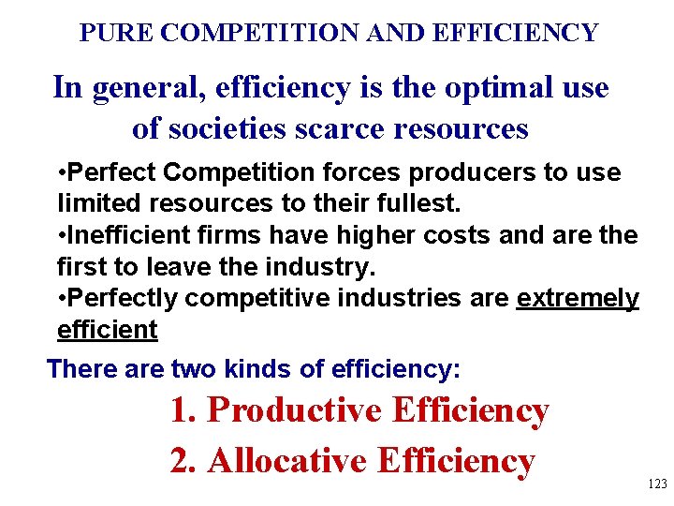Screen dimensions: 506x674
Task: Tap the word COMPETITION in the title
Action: click(256, 34)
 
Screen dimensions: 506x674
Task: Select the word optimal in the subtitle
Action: click(476, 88)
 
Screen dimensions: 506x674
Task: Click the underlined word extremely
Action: click(578, 299)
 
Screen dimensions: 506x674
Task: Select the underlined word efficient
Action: click(108, 330)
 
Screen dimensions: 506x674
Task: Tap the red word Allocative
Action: click(288, 460)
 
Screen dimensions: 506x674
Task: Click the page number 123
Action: click(657, 484)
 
